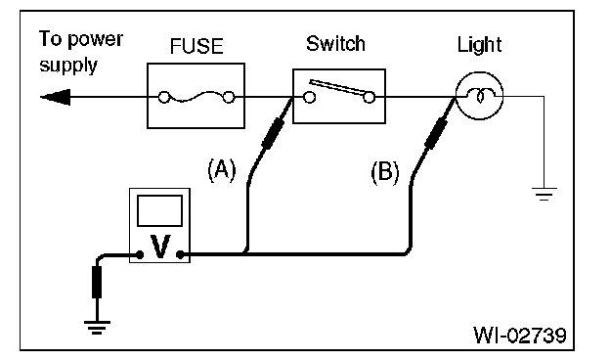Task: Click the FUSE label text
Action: [196, 46]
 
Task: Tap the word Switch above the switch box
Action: [335, 43]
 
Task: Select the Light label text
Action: [479, 45]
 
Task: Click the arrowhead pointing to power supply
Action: [56, 97]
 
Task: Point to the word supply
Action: [68, 67]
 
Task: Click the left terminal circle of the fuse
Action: [164, 97]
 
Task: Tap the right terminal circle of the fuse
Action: [229, 97]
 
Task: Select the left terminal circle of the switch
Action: [309, 97]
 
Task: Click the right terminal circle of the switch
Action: [370, 97]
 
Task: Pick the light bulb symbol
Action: [479, 96]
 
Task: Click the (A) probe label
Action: [222, 170]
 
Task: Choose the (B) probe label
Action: [385, 172]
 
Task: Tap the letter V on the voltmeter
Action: [160, 247]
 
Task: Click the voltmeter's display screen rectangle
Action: [160, 210]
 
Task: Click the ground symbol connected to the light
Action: [545, 194]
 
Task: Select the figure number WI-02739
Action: [520, 335]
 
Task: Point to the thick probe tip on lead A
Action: [273, 133]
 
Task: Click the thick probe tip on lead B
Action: [436, 133]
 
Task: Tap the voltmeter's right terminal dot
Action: [180, 255]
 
